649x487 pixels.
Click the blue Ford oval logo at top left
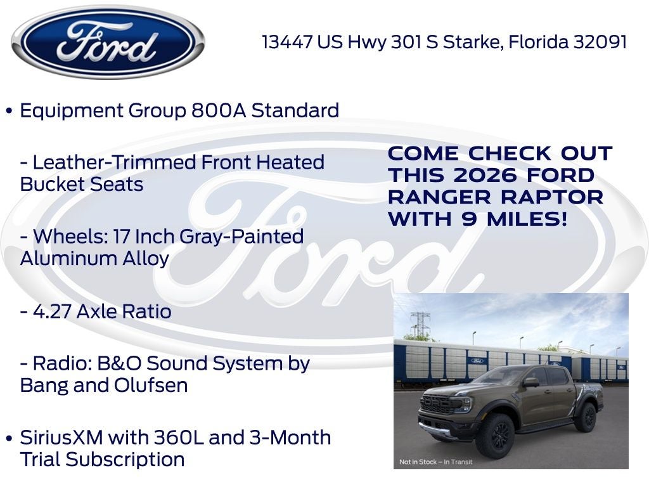pos(108,42)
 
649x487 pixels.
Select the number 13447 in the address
pos(287,42)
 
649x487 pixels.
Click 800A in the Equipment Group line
pos(219,110)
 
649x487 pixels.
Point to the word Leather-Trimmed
pos(114,162)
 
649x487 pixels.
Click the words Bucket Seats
pos(82,185)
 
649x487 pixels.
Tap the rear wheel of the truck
pos(586,417)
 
